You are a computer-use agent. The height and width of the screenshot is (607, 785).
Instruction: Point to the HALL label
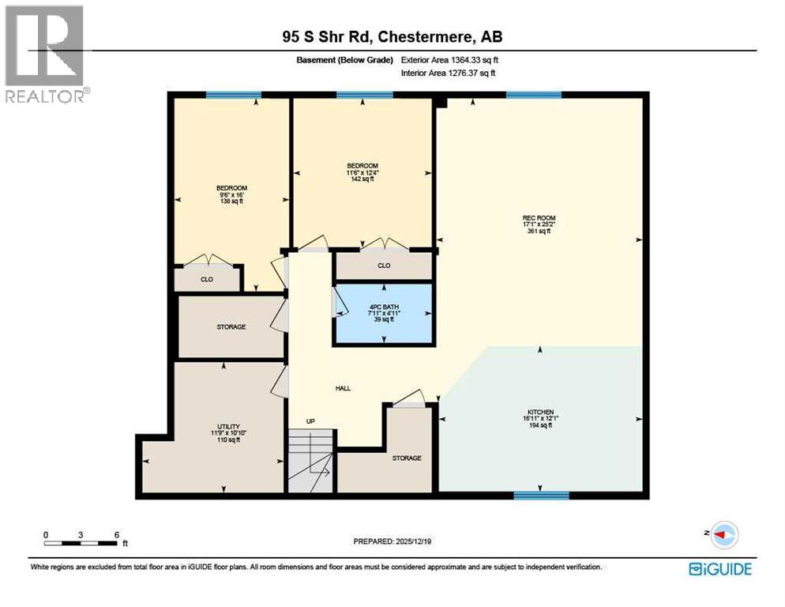[342, 388]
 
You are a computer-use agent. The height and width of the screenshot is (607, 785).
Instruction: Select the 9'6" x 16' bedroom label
[232, 194]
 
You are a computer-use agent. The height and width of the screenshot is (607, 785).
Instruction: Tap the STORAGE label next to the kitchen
[407, 458]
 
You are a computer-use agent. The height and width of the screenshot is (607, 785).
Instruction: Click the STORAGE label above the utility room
[231, 326]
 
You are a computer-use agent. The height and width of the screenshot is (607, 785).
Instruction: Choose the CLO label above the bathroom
[384, 266]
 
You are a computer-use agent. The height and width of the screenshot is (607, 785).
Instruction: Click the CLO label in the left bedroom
[206, 279]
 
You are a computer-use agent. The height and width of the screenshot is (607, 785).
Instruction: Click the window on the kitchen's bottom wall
[541, 496]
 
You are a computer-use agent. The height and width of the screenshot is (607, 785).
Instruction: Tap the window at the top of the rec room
[534, 95]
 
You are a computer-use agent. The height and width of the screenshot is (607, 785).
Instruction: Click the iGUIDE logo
[719, 568]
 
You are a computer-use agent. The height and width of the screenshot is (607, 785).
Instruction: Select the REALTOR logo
[44, 54]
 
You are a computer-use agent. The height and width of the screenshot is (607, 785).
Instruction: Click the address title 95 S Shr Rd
[392, 36]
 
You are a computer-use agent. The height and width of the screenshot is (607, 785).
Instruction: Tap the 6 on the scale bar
[117, 534]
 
